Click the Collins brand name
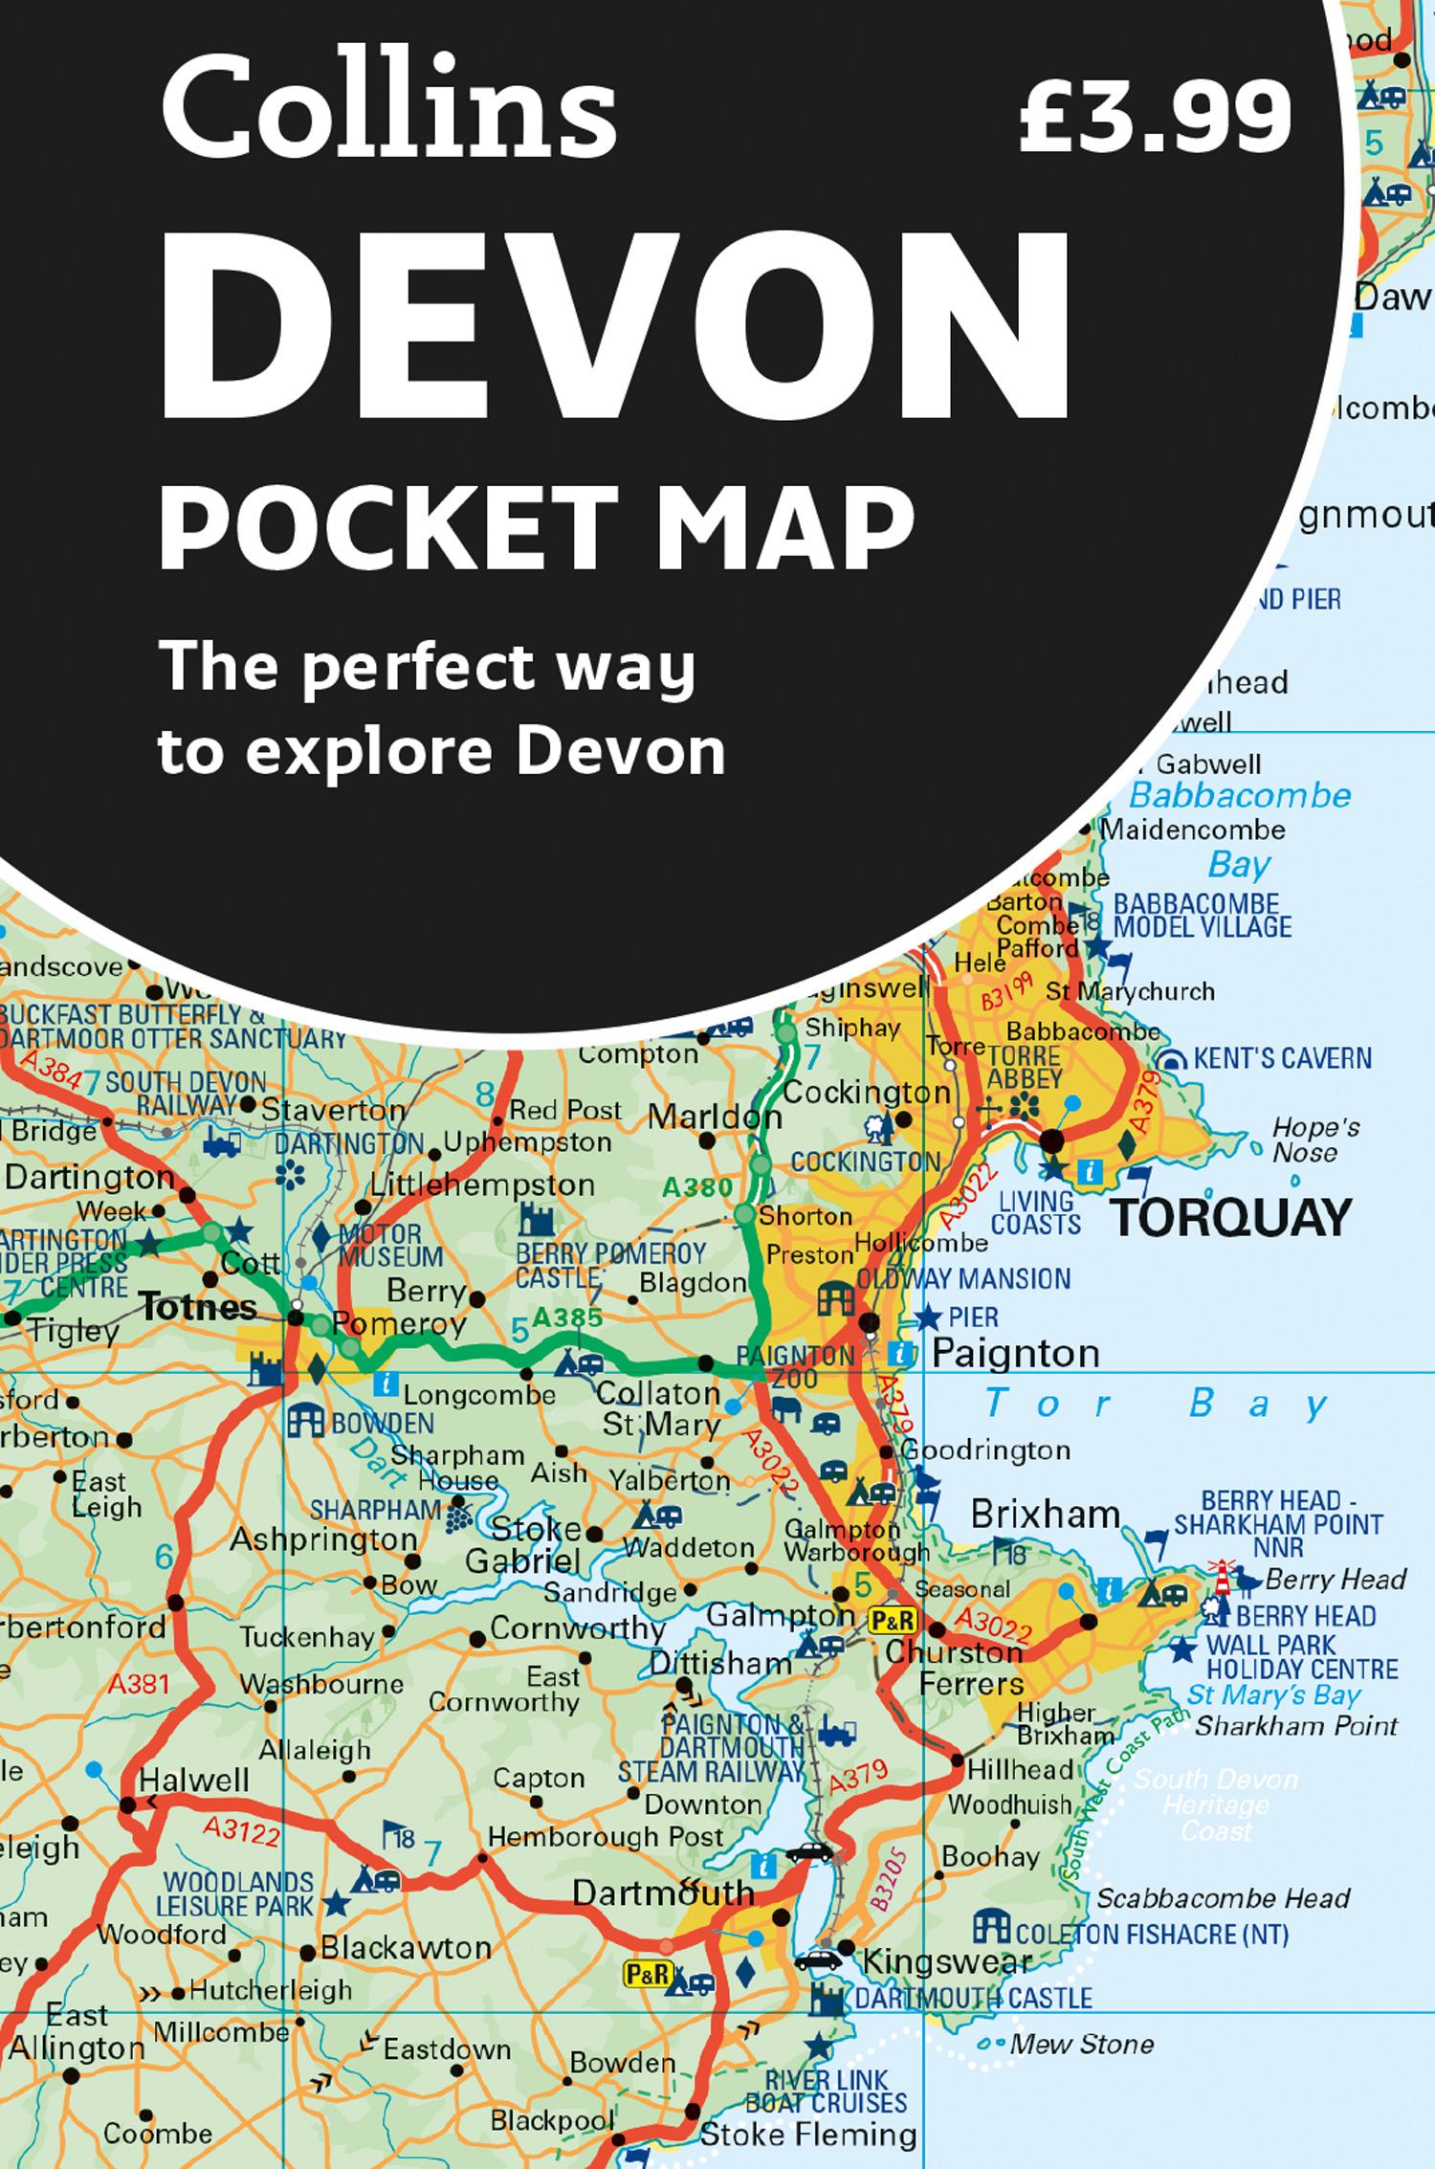pyautogui.click(x=387, y=113)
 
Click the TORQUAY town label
pyautogui.click(x=1230, y=1218)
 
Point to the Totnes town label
pyautogui.click(x=198, y=1306)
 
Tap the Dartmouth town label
pyautogui.click(x=663, y=1892)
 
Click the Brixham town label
pyautogui.click(x=1045, y=1514)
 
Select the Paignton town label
pyautogui.click(x=1015, y=1353)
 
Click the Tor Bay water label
pyautogui.click(x=1157, y=1405)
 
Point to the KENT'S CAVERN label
pyautogui.click(x=1282, y=1058)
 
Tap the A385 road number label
pyautogui.click(x=567, y=1318)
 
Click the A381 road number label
pyautogui.click(x=139, y=1710)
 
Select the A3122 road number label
pyautogui.click(x=242, y=1830)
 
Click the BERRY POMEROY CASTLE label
pyautogui.click(x=609, y=1265)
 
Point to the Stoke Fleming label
pyautogui.click(x=808, y=2134)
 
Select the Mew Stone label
pyautogui.click(x=1082, y=2044)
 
